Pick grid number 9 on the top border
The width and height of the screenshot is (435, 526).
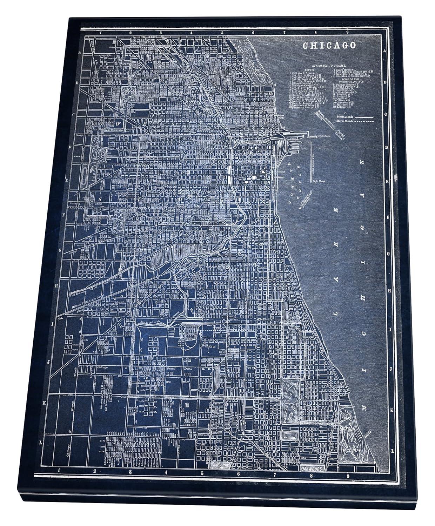pos(347,33)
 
